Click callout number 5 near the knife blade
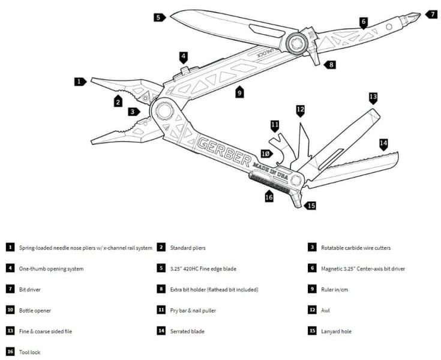[158, 17]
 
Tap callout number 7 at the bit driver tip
[431, 14]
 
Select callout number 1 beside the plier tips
[80, 81]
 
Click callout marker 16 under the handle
[268, 197]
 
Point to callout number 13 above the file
[373, 96]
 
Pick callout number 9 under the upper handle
[239, 92]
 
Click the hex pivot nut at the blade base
[295, 43]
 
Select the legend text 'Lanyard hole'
[337, 331]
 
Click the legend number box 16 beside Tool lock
[10, 352]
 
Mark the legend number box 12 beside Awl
[312, 310]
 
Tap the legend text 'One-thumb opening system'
[51, 268]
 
